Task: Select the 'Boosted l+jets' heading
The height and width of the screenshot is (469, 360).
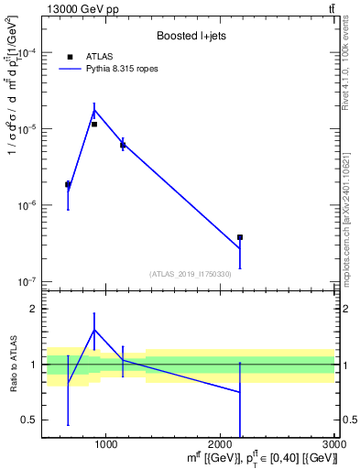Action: tap(188, 37)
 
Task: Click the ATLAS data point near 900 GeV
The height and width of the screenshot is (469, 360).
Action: tap(94, 124)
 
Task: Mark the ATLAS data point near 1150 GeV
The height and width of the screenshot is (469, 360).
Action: tap(123, 145)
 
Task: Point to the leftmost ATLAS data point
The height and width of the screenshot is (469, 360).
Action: tap(68, 184)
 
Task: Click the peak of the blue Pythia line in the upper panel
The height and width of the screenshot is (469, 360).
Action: tap(94, 110)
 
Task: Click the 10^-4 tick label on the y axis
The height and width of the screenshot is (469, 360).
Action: tap(27, 53)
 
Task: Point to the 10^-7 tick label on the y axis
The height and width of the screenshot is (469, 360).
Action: tap(27, 282)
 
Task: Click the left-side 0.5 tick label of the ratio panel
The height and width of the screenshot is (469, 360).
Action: tap(29, 420)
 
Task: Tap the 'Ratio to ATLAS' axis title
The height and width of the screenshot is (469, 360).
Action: tap(12, 365)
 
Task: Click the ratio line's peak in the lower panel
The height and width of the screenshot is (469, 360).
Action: tap(94, 330)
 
